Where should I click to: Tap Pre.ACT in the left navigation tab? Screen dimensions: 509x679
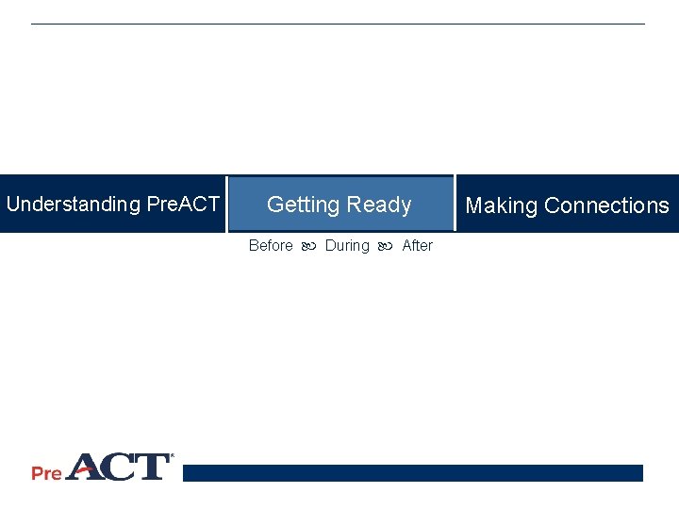(x=184, y=205)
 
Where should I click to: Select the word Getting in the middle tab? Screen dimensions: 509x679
(x=303, y=205)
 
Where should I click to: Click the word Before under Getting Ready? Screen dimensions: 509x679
(x=271, y=246)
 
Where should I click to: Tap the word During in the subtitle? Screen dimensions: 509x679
(x=347, y=246)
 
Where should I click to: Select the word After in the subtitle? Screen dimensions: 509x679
(x=417, y=246)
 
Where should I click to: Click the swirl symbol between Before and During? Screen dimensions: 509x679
(x=308, y=247)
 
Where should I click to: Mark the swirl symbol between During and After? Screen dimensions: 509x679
(x=385, y=247)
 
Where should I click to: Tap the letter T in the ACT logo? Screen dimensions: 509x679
(x=152, y=468)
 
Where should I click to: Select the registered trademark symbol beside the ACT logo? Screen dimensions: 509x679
(x=171, y=457)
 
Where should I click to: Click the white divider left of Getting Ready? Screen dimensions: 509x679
(x=227, y=204)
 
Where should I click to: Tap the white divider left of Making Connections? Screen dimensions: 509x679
(x=455, y=204)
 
